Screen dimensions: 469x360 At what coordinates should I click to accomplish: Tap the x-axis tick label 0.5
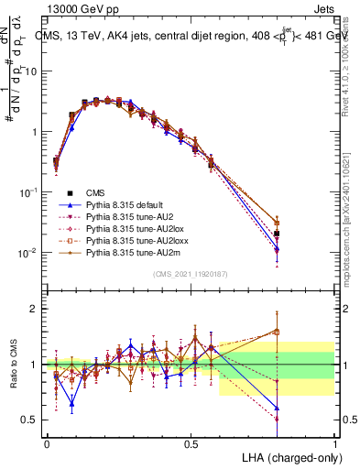coord(191,443)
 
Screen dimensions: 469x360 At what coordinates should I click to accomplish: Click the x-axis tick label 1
coord(334,443)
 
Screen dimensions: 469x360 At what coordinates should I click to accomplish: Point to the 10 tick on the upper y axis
coord(33,71)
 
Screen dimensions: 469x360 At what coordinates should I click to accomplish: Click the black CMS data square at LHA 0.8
coord(277,234)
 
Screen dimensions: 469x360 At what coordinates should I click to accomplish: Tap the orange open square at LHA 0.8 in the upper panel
coord(277,223)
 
